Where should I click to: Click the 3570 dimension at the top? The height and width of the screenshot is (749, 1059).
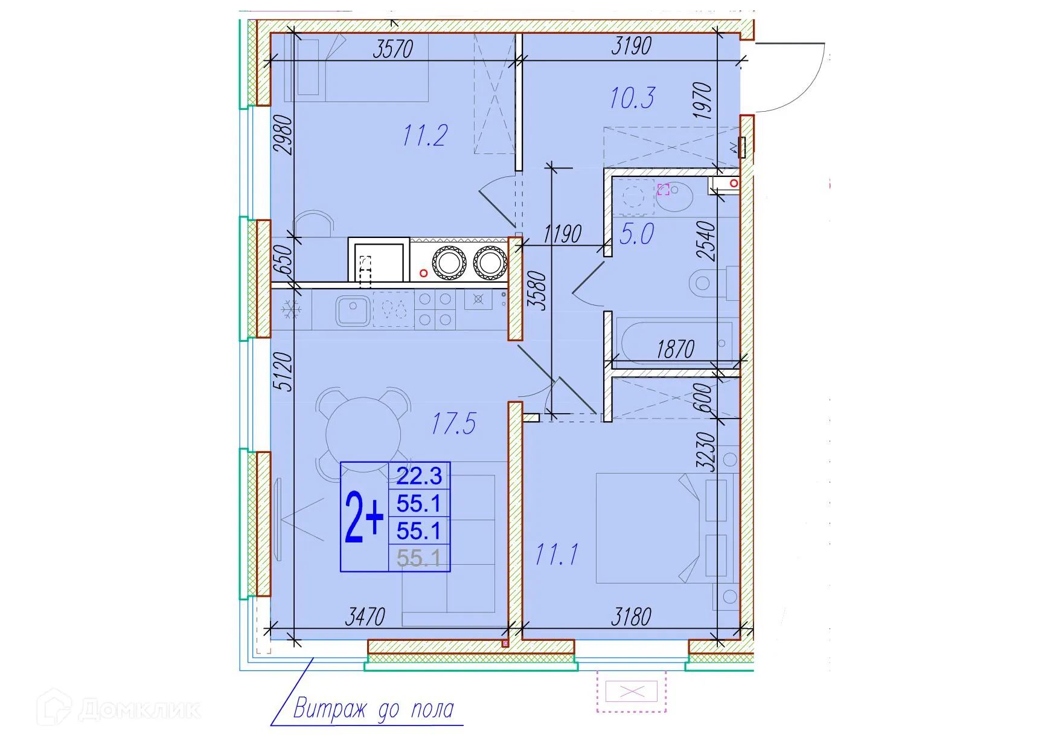[392, 48]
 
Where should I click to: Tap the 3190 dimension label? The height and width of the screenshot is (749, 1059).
[631, 46]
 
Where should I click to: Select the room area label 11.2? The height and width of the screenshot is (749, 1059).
[425, 135]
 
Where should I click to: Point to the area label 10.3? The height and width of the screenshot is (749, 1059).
[632, 98]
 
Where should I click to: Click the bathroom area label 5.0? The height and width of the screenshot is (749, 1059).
[636, 234]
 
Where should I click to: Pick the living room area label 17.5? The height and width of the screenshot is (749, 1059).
[453, 423]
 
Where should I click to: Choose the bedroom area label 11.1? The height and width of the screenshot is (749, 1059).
[557, 554]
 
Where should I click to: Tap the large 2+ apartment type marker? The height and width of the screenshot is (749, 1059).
[364, 517]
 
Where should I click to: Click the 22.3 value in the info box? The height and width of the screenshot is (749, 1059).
[419, 476]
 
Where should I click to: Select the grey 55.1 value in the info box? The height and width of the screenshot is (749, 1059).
[419, 558]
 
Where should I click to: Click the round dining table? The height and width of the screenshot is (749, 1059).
[363, 434]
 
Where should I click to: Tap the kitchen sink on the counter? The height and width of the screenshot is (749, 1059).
[353, 310]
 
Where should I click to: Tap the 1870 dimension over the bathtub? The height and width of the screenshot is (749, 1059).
[675, 349]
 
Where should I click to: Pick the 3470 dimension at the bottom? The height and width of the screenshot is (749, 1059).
[365, 617]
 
